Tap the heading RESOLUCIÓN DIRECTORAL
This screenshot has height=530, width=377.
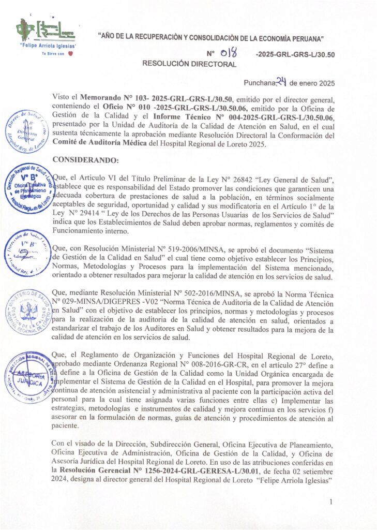(x=189, y=64)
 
